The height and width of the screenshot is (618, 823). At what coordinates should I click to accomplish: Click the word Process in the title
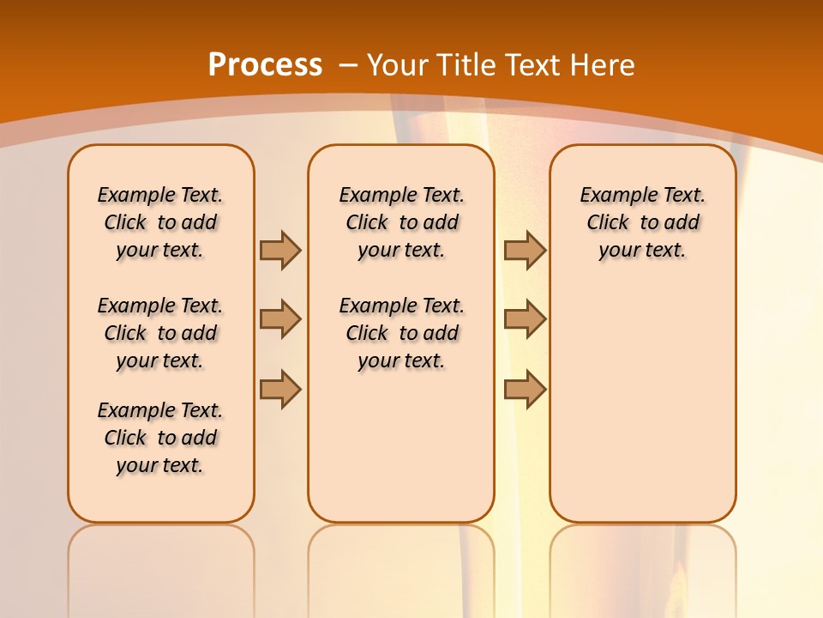(265, 65)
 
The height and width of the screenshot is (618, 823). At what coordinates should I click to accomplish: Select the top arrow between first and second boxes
(280, 250)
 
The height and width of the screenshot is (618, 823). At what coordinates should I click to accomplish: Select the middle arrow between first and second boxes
(280, 319)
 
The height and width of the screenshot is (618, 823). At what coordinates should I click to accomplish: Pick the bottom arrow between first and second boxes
(280, 389)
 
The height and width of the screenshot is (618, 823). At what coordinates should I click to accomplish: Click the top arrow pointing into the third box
(526, 250)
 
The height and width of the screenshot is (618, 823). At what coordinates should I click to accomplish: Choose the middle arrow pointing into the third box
(526, 319)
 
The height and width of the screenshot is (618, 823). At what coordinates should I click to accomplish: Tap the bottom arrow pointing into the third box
(526, 389)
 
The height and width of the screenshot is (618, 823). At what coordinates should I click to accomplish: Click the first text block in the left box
(160, 222)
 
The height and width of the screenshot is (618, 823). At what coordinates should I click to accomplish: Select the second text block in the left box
(160, 333)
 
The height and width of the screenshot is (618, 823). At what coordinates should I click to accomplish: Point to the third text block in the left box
(160, 438)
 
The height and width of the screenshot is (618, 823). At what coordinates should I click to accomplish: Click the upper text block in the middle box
(401, 222)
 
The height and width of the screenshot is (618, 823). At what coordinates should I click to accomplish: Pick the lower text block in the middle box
(401, 333)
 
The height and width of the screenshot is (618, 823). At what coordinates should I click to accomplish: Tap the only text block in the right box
(642, 222)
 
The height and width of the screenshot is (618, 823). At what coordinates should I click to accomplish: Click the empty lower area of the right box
(642, 403)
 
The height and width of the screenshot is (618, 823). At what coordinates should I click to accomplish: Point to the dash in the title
(348, 65)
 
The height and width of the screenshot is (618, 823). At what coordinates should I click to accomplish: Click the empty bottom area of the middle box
(401, 455)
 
